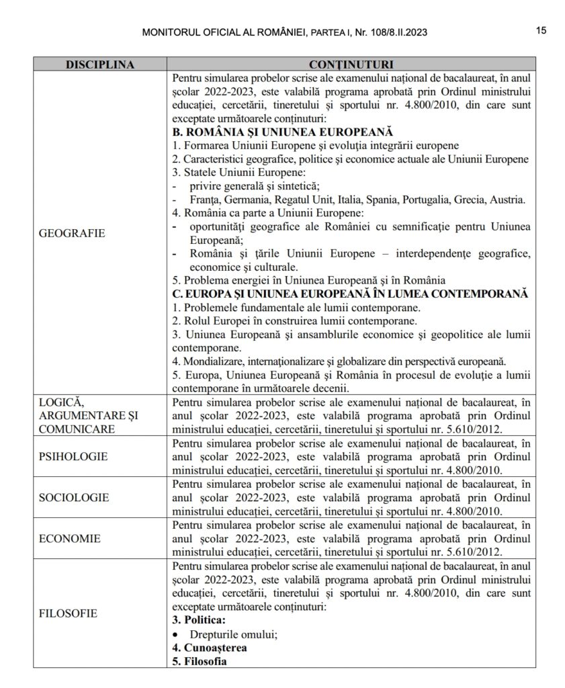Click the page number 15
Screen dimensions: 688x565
click(x=541, y=30)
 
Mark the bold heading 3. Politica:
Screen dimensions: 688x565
click(x=199, y=619)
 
